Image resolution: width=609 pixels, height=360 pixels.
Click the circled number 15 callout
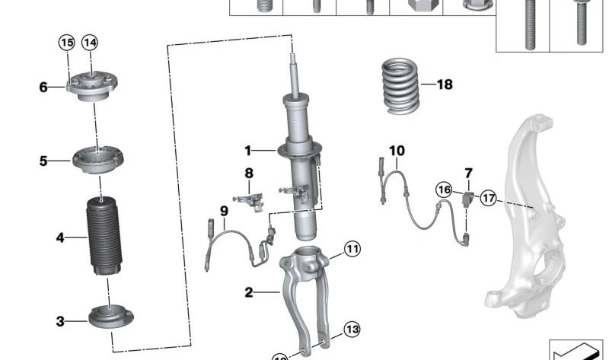point(66,43)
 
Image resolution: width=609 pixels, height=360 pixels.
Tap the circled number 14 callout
point(90,43)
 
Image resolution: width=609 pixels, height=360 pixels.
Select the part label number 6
point(43,88)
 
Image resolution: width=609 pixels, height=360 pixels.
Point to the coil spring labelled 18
point(400,85)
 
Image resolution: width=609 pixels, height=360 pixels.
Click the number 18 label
point(444,84)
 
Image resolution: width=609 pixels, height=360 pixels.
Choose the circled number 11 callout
point(351,248)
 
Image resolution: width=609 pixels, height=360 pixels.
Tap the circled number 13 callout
point(350,330)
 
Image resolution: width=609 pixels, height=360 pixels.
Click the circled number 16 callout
point(443,189)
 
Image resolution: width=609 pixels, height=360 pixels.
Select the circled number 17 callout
point(488,198)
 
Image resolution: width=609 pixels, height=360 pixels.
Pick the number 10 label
point(397,151)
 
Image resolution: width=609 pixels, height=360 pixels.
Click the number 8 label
point(248,174)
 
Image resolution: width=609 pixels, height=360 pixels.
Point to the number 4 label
point(60,238)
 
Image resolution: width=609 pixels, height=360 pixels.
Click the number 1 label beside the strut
point(247,149)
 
